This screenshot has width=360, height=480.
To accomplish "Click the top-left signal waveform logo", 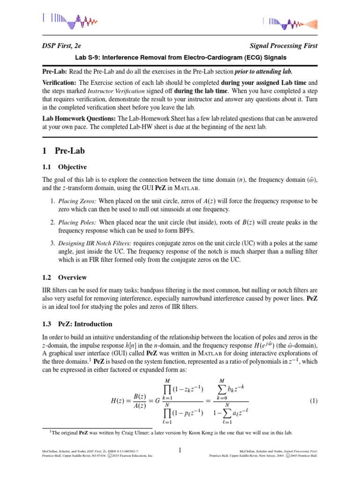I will (70, 19).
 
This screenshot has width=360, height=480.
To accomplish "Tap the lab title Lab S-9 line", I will (180, 58).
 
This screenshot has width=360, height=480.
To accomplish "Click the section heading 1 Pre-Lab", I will (63, 151).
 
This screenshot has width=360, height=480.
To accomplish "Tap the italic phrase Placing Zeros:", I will (77, 201).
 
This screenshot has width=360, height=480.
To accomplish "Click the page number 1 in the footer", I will (180, 450).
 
